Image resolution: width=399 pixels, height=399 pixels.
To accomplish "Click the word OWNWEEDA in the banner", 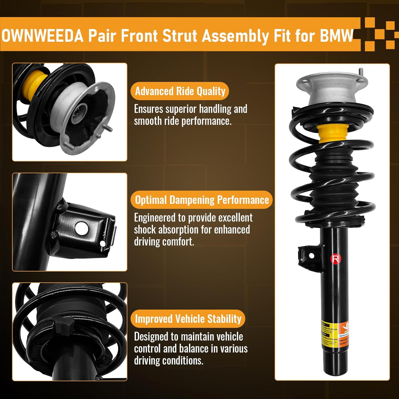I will tap(43, 36).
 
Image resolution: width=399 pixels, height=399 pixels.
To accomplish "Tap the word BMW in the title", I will tap(336, 36).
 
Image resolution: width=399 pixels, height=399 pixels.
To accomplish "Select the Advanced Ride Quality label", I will tap(180, 91).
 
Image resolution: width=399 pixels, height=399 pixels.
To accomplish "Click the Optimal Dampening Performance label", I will tap(202, 200).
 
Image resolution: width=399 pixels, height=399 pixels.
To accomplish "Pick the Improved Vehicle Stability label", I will tap(188, 319).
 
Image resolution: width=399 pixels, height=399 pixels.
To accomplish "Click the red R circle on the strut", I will tap(335, 259).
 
